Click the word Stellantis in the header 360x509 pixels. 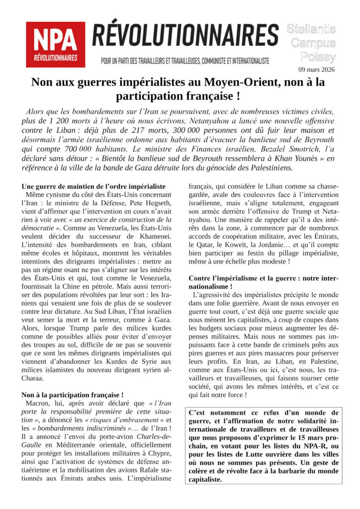pos(311,29)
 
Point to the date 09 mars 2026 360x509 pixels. pos(316,70)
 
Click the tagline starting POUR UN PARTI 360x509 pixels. pos(185,61)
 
